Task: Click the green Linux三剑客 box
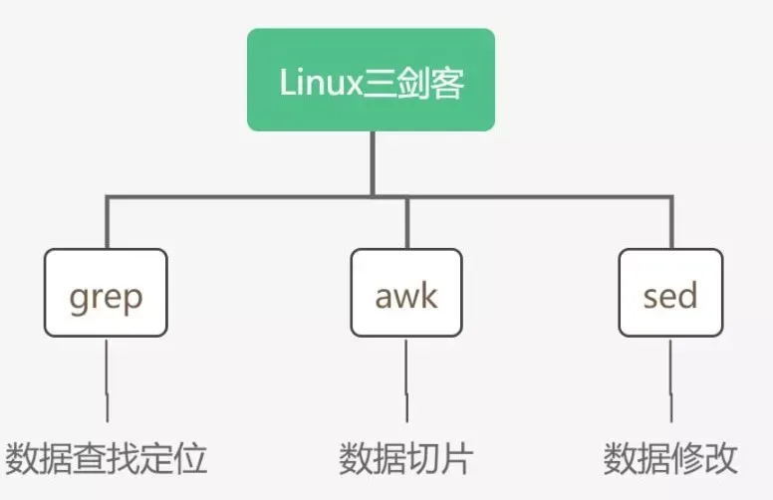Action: [x=371, y=80]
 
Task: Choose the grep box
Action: [x=106, y=293]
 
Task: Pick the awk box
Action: [x=406, y=293]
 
